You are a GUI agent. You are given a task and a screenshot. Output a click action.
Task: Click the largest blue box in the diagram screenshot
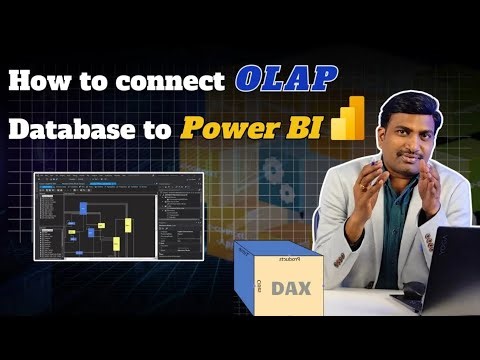(91, 230)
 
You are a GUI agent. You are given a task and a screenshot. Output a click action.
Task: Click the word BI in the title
(311, 129)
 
